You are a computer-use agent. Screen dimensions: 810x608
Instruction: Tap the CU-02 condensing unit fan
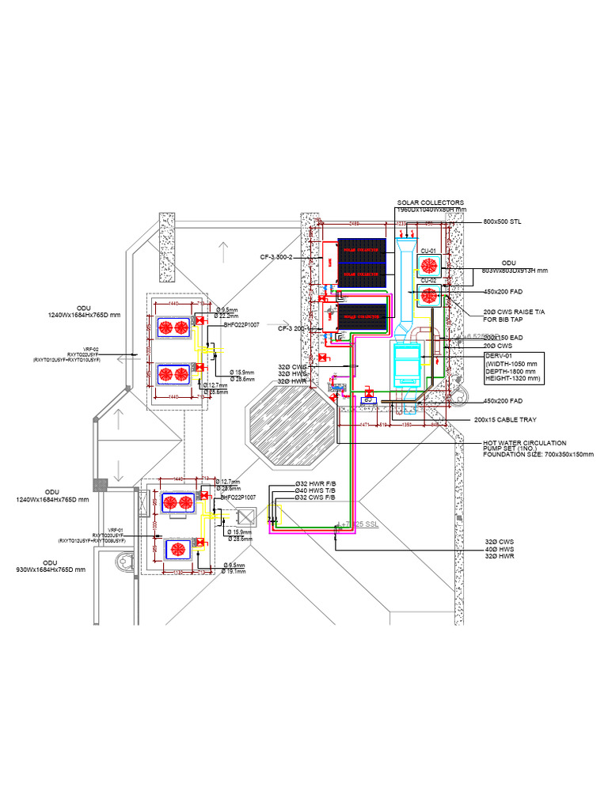click(429, 296)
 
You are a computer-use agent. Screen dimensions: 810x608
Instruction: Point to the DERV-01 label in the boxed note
click(500, 357)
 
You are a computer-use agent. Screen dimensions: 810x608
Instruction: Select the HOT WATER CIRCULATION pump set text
click(522, 444)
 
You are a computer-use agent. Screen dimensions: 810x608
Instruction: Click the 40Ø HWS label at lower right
click(500, 549)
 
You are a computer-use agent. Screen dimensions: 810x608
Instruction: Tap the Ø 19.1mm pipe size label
click(235, 570)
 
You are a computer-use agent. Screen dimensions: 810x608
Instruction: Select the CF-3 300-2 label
click(277, 257)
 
